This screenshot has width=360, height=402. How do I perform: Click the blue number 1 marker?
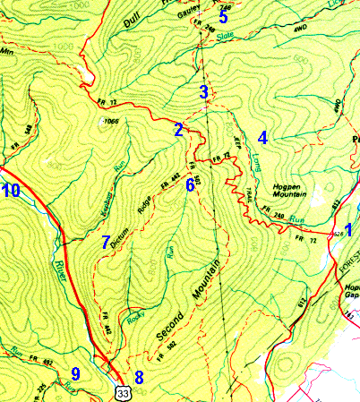click(348, 229)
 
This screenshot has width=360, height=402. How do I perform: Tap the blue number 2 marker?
click(179, 131)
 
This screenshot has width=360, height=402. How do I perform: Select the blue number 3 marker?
click(204, 91)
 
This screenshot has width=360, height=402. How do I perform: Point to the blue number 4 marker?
click(262, 138)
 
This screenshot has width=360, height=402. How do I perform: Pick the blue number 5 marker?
click(224, 16)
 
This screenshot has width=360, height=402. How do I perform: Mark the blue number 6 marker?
click(190, 186)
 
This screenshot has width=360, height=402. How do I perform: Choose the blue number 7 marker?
click(106, 242)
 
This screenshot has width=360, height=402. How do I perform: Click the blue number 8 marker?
click(138, 377)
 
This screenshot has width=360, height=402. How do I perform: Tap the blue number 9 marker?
click(76, 373)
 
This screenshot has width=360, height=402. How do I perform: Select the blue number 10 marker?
click(11, 190)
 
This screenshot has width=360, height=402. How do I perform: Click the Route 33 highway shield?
click(120, 391)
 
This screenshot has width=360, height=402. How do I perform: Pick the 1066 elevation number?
click(111, 120)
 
